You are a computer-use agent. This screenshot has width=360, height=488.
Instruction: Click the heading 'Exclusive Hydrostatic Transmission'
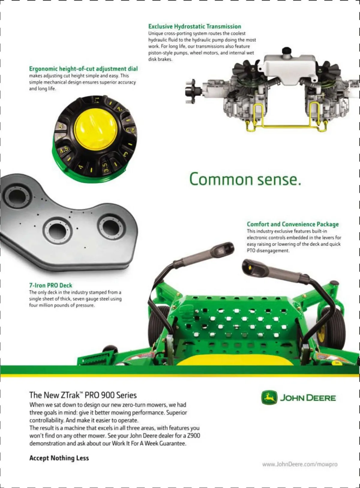click(x=195, y=27)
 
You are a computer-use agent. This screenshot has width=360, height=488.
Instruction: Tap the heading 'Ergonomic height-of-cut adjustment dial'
click(x=84, y=69)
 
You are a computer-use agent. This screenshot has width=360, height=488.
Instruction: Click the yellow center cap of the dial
click(x=96, y=129)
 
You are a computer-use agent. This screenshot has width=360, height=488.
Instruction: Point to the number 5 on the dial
click(x=61, y=127)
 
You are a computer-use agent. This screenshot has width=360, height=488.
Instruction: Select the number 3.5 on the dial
click(x=106, y=167)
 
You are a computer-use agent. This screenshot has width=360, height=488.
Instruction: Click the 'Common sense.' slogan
click(x=245, y=179)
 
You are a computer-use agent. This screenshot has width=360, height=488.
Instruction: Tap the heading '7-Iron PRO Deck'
click(x=51, y=285)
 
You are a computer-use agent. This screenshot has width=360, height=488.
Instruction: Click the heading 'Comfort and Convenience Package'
click(x=293, y=224)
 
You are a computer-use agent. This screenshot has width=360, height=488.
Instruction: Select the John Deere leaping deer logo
click(x=269, y=398)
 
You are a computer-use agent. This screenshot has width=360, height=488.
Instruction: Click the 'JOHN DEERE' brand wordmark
click(x=308, y=398)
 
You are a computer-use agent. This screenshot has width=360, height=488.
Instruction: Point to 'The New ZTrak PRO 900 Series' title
click(x=83, y=395)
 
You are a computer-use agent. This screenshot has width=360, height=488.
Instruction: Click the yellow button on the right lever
click(x=250, y=267)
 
